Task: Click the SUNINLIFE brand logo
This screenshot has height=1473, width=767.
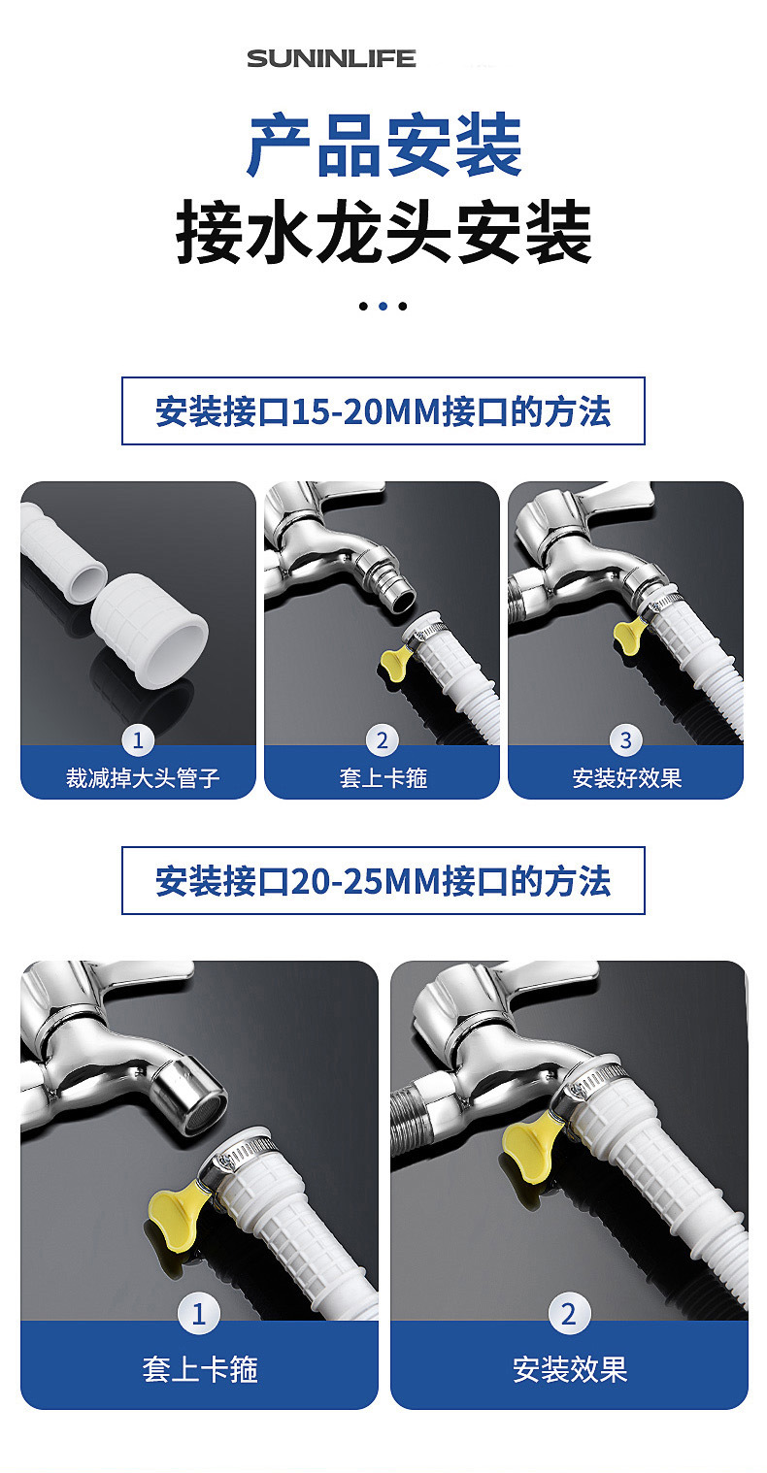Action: [331, 58]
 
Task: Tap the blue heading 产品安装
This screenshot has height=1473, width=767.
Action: [384, 146]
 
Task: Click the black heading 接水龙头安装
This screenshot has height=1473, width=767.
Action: [383, 233]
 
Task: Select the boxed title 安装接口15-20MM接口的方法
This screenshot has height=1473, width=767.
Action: [383, 411]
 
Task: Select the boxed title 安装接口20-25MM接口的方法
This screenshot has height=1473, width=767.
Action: [383, 881]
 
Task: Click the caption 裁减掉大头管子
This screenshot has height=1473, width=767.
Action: [142, 778]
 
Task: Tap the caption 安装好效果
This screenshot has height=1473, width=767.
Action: [626, 778]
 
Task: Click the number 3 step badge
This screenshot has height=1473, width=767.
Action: [625, 740]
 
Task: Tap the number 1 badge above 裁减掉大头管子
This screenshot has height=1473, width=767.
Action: [138, 740]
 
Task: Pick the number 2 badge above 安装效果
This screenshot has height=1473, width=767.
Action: [569, 1315]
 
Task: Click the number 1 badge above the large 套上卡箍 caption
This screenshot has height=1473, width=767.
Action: [199, 1315]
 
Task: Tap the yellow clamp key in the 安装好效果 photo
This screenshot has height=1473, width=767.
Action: [627, 636]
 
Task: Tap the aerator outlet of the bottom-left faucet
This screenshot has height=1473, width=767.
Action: [197, 1095]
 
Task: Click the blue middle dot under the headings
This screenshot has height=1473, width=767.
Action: [383, 306]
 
